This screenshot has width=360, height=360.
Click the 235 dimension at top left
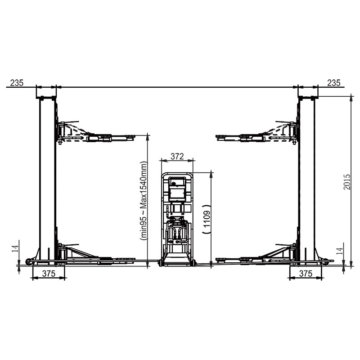(16, 82)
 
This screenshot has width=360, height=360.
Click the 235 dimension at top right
(334, 82)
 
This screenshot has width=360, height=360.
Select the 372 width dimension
(177, 156)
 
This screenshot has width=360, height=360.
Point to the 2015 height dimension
(347, 181)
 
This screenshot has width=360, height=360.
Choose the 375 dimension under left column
(48, 274)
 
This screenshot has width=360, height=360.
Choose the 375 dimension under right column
(306, 274)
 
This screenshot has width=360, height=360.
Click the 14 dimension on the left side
(16, 249)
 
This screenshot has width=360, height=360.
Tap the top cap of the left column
(46, 97)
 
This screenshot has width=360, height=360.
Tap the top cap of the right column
(308, 97)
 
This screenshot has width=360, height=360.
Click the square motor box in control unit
(177, 188)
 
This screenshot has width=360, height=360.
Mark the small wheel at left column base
(29, 261)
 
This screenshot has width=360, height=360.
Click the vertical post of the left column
(46, 180)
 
